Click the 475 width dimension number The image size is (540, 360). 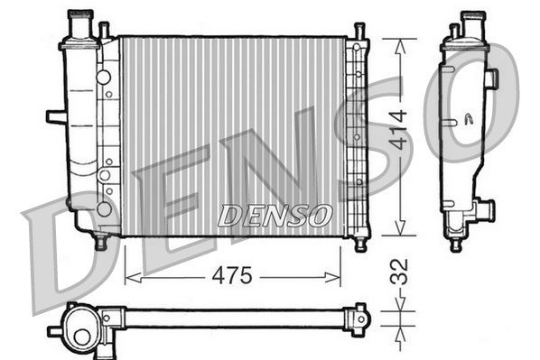232,277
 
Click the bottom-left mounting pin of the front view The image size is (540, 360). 100,242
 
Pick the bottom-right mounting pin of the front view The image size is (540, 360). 359,242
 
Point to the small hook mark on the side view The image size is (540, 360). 468,118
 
